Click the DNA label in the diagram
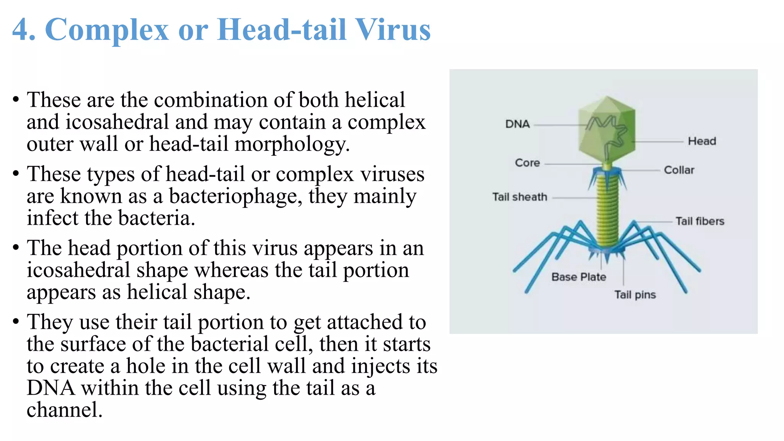pyautogui.click(x=517, y=124)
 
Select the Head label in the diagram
pyautogui.click(x=702, y=141)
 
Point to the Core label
pyautogui.click(x=527, y=163)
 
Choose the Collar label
pyautogui.click(x=679, y=170)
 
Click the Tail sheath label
pyautogui.click(x=519, y=197)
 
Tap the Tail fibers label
pyautogui.click(x=699, y=221)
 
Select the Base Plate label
pyautogui.click(x=578, y=277)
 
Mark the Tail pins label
pyautogui.click(x=635, y=295)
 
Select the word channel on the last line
pyautogui.click(x=64, y=410)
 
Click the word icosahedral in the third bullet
pyautogui.click(x=78, y=270)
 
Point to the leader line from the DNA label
pyautogui.click(x=559, y=125)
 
